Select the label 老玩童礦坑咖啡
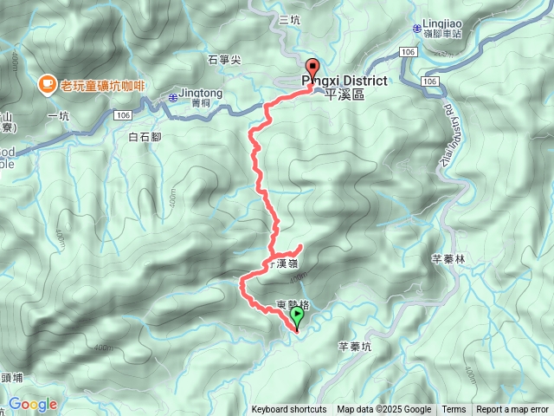click(108, 85)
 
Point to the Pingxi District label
click(345, 80)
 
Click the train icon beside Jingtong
click(172, 96)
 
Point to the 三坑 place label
click(289, 20)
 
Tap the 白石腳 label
click(145, 137)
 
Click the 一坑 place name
click(58, 115)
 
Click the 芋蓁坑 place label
click(354, 346)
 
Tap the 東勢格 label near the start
click(293, 304)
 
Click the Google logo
click(32, 404)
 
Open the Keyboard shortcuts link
click(289, 410)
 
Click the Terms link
click(454, 410)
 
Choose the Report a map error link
click(512, 410)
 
